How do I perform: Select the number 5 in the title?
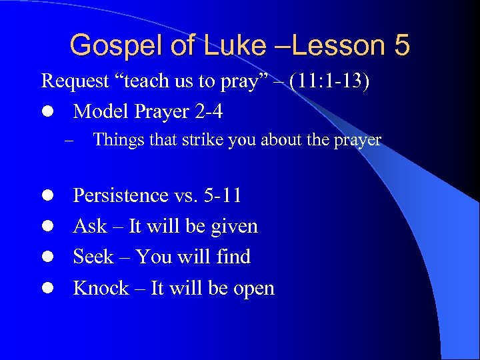click(x=401, y=45)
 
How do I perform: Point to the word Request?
click(x=75, y=81)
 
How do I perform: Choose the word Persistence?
click(x=121, y=195)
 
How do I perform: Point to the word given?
click(x=234, y=227)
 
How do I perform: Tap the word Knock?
click(x=100, y=288)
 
